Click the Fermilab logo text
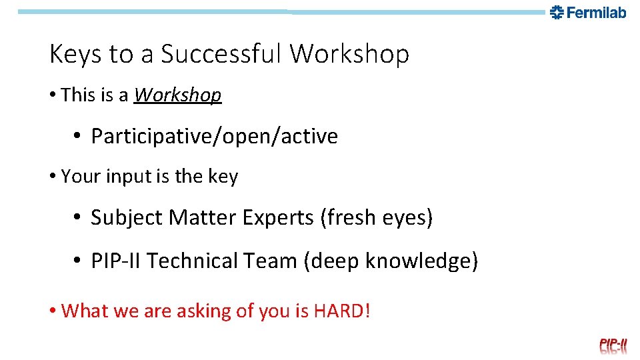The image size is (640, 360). click(x=596, y=12)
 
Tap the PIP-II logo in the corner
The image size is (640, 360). click(x=613, y=345)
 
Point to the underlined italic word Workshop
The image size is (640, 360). click(x=177, y=95)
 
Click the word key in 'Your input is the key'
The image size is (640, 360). click(x=223, y=177)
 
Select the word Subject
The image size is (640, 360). click(x=127, y=217)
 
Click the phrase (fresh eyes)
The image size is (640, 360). click(x=376, y=217)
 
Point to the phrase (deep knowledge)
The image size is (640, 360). click(x=391, y=261)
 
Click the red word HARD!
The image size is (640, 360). click(x=341, y=311)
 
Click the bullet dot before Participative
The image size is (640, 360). click(x=77, y=136)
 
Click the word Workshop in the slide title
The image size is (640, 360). click(x=349, y=54)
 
